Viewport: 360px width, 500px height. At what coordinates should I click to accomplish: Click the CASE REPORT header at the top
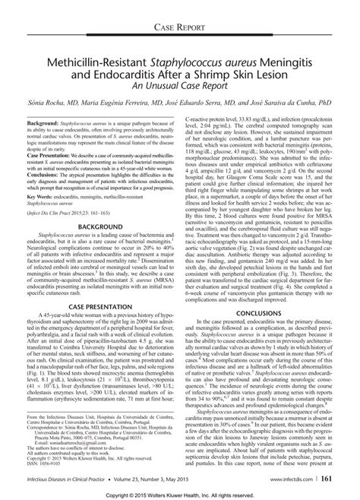[x=179, y=28]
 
